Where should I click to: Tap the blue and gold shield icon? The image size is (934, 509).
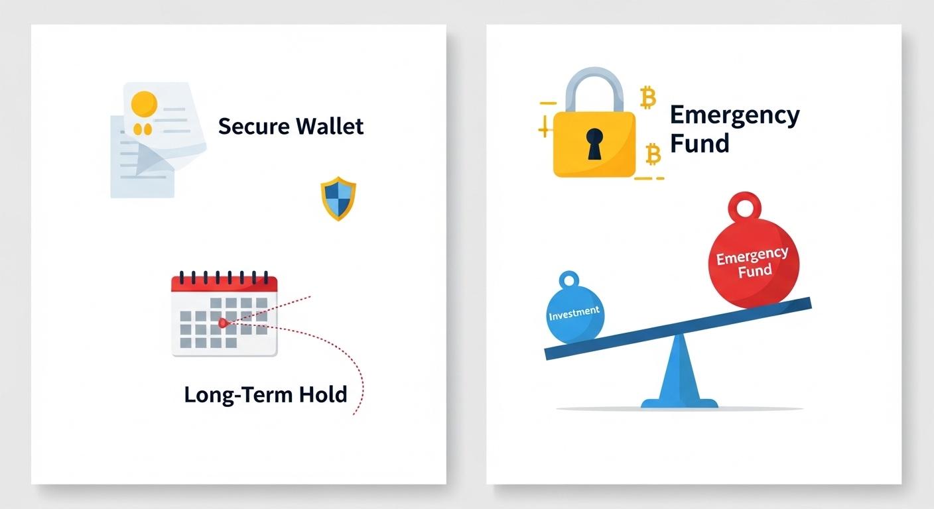pyautogui.click(x=338, y=198)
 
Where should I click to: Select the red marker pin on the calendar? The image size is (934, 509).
pyautogui.click(x=223, y=323)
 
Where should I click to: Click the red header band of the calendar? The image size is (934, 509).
pyautogui.click(x=224, y=284)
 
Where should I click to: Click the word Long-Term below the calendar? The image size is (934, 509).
pyautogui.click(x=239, y=395)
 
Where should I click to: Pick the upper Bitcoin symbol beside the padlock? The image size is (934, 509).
pyautogui.click(x=647, y=98)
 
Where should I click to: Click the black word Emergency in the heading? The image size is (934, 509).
pyautogui.click(x=734, y=115)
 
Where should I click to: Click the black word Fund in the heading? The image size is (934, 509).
pyautogui.click(x=699, y=143)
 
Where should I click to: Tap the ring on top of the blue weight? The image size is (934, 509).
pyautogui.click(x=569, y=279)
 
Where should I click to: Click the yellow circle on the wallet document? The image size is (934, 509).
pyautogui.click(x=144, y=103)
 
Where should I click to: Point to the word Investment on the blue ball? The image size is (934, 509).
pyautogui.click(x=574, y=311)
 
